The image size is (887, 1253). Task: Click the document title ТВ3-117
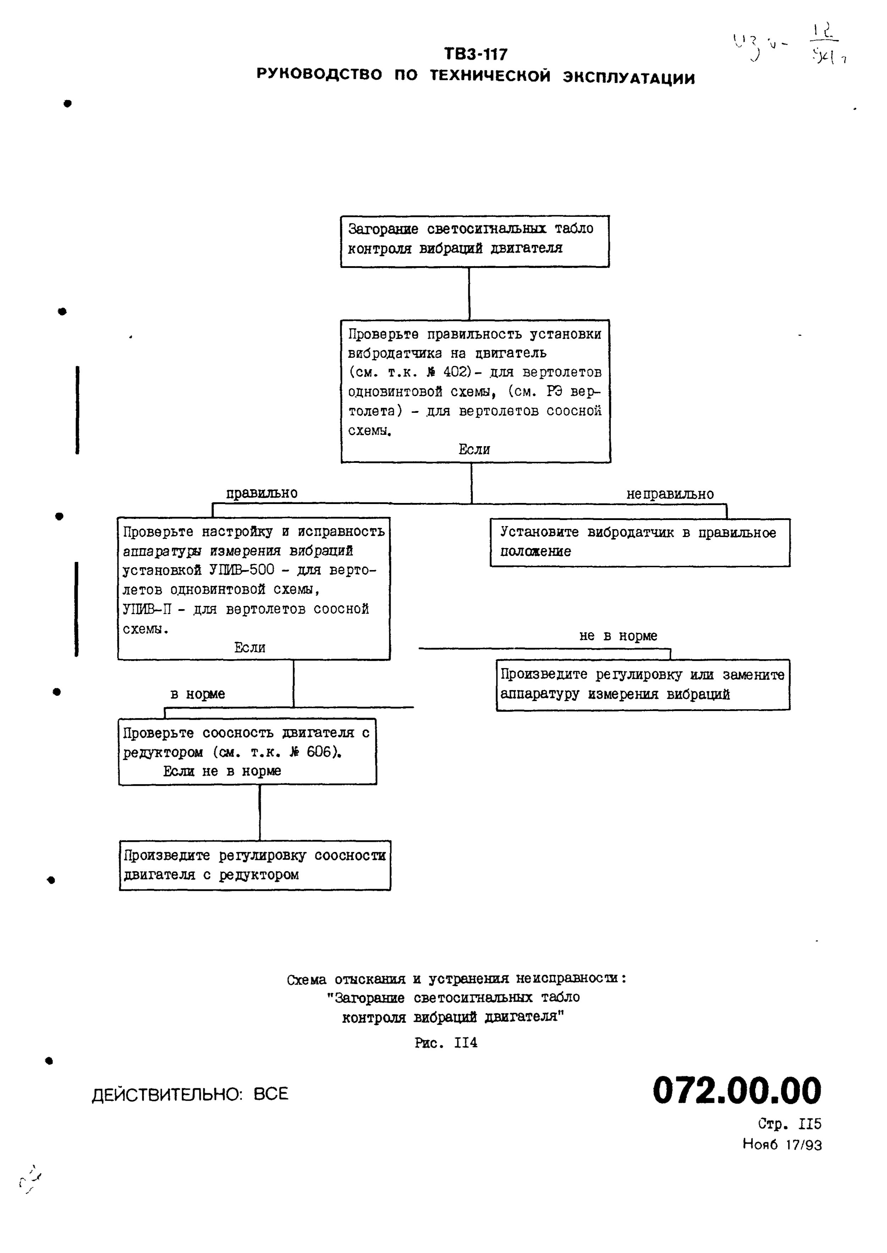[475, 54]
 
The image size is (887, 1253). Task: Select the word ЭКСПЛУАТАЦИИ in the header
[629, 77]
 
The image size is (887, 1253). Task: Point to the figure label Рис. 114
[446, 1043]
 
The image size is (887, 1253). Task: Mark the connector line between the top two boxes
[469, 294]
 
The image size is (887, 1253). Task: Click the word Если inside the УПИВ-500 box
[250, 648]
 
